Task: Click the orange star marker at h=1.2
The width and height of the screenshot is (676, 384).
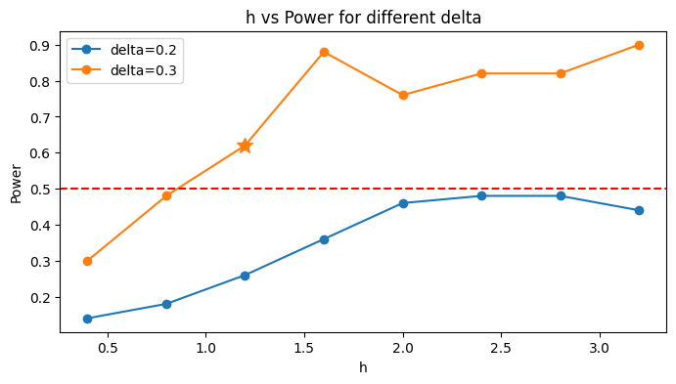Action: (x=245, y=146)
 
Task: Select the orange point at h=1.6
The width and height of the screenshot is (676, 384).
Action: (x=324, y=53)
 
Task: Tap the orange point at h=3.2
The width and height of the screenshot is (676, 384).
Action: (x=639, y=45)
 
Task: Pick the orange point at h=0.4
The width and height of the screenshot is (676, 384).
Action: (x=87, y=261)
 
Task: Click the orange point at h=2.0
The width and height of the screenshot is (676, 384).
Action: (x=403, y=95)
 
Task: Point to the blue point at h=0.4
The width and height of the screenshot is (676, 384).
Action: (x=87, y=319)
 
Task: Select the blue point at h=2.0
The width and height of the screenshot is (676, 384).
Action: (x=403, y=203)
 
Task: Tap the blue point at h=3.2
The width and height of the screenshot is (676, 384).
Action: (x=639, y=210)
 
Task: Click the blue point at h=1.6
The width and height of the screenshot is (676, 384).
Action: (x=324, y=239)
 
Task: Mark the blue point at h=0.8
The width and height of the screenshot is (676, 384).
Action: (x=166, y=304)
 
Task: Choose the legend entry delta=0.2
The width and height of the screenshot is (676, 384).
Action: (x=124, y=50)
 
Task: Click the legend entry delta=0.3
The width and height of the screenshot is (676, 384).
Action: (x=124, y=70)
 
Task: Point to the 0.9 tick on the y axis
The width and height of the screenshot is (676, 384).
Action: (x=58, y=45)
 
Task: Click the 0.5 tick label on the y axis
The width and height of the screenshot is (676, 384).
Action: (x=40, y=190)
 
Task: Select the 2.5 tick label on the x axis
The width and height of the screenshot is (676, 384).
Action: (x=501, y=348)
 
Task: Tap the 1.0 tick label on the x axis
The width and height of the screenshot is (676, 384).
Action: (x=205, y=348)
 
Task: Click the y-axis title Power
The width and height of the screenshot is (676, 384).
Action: (x=16, y=184)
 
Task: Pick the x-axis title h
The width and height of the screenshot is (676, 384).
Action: (x=363, y=367)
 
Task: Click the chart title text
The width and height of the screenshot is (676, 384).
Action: (x=363, y=18)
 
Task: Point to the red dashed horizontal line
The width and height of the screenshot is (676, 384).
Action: (x=363, y=189)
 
